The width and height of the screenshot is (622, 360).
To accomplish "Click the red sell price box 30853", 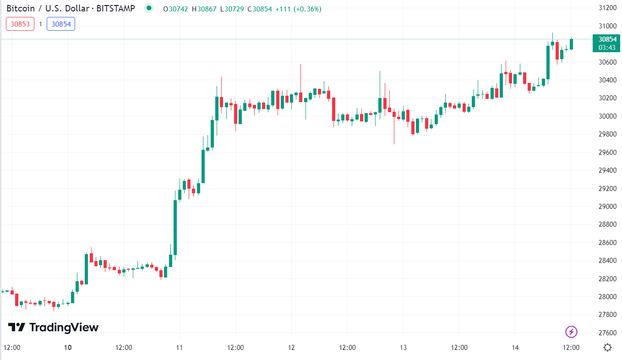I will (20, 24).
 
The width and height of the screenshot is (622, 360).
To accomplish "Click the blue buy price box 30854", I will (61, 24).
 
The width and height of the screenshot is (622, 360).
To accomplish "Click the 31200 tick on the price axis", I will (607, 8).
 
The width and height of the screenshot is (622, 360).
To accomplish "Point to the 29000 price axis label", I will (607, 207).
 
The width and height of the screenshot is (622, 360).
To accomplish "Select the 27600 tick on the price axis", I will (607, 333).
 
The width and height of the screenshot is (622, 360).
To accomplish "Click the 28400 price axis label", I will (607, 261).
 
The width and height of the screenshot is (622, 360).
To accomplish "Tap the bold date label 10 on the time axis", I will (68, 348).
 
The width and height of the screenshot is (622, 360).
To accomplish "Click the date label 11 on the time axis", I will (180, 348).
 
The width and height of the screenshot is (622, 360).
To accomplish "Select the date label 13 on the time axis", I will (404, 348).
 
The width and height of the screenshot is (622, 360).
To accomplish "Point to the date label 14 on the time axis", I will (515, 348).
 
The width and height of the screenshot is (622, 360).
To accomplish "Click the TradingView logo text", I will (54, 327).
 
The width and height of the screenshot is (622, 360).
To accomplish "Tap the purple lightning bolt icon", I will (571, 332).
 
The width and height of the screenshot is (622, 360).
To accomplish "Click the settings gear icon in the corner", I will (608, 347).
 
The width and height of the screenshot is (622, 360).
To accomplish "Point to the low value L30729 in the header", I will (232, 9).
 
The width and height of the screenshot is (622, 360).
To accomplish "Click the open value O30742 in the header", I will (175, 9).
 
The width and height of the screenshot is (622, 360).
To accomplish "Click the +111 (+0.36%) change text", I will (298, 9).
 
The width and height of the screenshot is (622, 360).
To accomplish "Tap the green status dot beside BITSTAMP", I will (148, 8).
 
